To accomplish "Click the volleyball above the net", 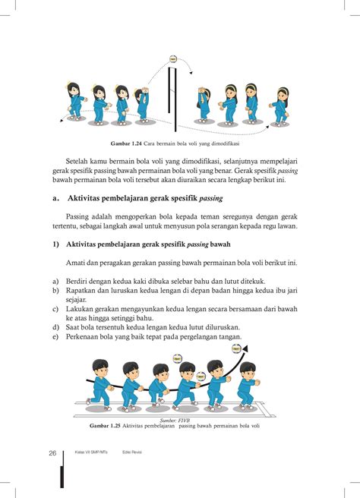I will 173,58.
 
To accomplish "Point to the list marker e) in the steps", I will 56,336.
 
